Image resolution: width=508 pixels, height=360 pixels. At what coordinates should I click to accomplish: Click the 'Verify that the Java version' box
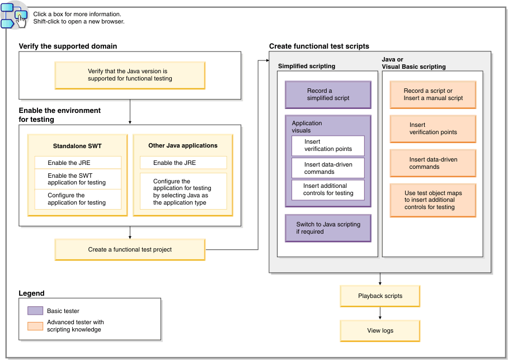coord(130,75)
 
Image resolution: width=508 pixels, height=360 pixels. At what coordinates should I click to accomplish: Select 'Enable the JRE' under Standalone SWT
coord(78,163)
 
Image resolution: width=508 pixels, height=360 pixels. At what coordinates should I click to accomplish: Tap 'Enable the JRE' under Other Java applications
coord(183,163)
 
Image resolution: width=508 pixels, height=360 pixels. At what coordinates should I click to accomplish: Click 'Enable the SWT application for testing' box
coord(78,179)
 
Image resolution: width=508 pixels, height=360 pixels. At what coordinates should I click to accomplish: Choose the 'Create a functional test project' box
coord(130,249)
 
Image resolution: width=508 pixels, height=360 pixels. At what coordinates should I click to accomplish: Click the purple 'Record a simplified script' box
coord(328,94)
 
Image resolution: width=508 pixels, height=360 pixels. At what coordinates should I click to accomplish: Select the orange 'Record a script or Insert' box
coord(433,94)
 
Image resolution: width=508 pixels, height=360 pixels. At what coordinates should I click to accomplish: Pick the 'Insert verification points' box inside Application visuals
coord(328,145)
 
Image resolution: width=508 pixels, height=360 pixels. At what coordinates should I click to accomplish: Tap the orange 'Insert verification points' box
coord(433,129)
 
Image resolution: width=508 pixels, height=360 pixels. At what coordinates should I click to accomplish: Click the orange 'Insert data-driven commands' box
coord(433,163)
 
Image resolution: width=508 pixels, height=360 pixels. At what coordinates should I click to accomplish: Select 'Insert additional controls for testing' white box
coord(328,190)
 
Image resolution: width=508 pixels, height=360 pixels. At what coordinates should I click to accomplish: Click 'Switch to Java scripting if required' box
coord(328,228)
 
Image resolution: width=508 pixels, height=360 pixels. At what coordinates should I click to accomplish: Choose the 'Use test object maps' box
coord(433,200)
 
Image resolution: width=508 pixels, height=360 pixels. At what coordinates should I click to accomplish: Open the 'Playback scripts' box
coord(380,296)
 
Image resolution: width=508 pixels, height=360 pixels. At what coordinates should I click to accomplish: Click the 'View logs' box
coord(380,330)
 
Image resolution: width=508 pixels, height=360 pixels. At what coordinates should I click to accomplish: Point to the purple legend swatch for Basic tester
coord(35,311)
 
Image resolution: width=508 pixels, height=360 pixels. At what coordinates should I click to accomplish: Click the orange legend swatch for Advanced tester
coord(35,326)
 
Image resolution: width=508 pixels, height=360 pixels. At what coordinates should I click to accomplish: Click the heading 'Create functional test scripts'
coord(319,46)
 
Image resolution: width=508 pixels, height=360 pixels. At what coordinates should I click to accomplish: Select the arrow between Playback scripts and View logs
coord(380,313)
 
